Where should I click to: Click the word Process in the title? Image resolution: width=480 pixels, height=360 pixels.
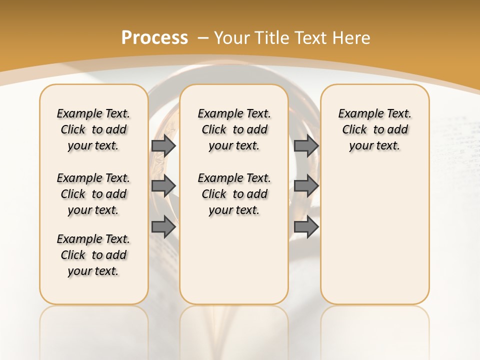pos(154,38)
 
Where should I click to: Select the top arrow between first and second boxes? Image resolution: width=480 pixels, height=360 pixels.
pos(163,145)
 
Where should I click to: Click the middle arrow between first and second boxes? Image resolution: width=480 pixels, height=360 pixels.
pos(163,185)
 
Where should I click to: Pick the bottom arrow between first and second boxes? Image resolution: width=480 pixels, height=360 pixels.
pos(163,227)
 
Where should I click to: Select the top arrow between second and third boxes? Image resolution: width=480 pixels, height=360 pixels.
pos(306,145)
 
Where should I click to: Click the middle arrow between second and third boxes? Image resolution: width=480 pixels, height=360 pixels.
pos(306,185)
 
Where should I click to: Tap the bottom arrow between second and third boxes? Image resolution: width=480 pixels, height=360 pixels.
pos(306,227)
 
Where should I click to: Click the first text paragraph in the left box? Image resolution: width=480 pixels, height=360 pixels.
pos(93,129)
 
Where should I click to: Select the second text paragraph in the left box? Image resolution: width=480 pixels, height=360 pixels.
pos(93,194)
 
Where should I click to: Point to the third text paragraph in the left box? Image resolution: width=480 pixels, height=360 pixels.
pos(93,255)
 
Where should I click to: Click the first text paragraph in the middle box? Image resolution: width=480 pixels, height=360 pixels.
pos(234,129)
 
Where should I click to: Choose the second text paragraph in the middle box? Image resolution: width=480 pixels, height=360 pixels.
pos(234,194)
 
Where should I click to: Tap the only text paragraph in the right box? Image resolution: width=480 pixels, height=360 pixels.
pos(374,129)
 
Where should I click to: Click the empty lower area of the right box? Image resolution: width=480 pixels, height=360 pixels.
pos(374,240)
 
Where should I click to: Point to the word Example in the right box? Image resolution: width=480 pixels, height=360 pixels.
pos(356,114)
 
